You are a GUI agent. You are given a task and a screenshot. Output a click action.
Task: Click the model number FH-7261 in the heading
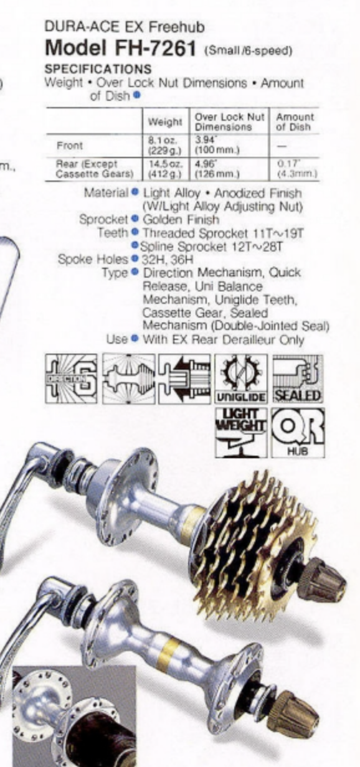coord(155,49)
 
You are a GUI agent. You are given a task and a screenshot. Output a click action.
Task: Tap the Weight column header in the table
coord(165,122)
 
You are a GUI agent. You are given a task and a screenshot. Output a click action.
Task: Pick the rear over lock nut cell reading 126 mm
coord(217,169)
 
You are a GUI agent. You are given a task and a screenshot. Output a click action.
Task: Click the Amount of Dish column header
coord(295,121)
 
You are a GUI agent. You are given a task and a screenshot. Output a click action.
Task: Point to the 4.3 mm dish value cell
coord(297,169)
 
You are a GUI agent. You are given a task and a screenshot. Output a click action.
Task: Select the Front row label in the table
coord(70,146)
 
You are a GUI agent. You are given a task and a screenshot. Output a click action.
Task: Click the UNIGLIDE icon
coord(241,379)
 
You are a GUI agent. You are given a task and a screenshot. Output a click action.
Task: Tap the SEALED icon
coord(298,379)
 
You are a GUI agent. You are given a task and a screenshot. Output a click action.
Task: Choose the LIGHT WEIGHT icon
coord(241,432)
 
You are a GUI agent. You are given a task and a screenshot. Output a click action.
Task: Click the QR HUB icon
coord(298,432)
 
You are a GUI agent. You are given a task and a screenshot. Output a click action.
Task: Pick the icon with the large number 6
coord(71,379)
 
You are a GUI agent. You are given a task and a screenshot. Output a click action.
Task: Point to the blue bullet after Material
coord(135,192)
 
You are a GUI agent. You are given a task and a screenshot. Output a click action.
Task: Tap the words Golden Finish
coord(181,219)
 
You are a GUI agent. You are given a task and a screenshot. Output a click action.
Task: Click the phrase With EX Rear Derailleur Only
coord(224,340)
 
